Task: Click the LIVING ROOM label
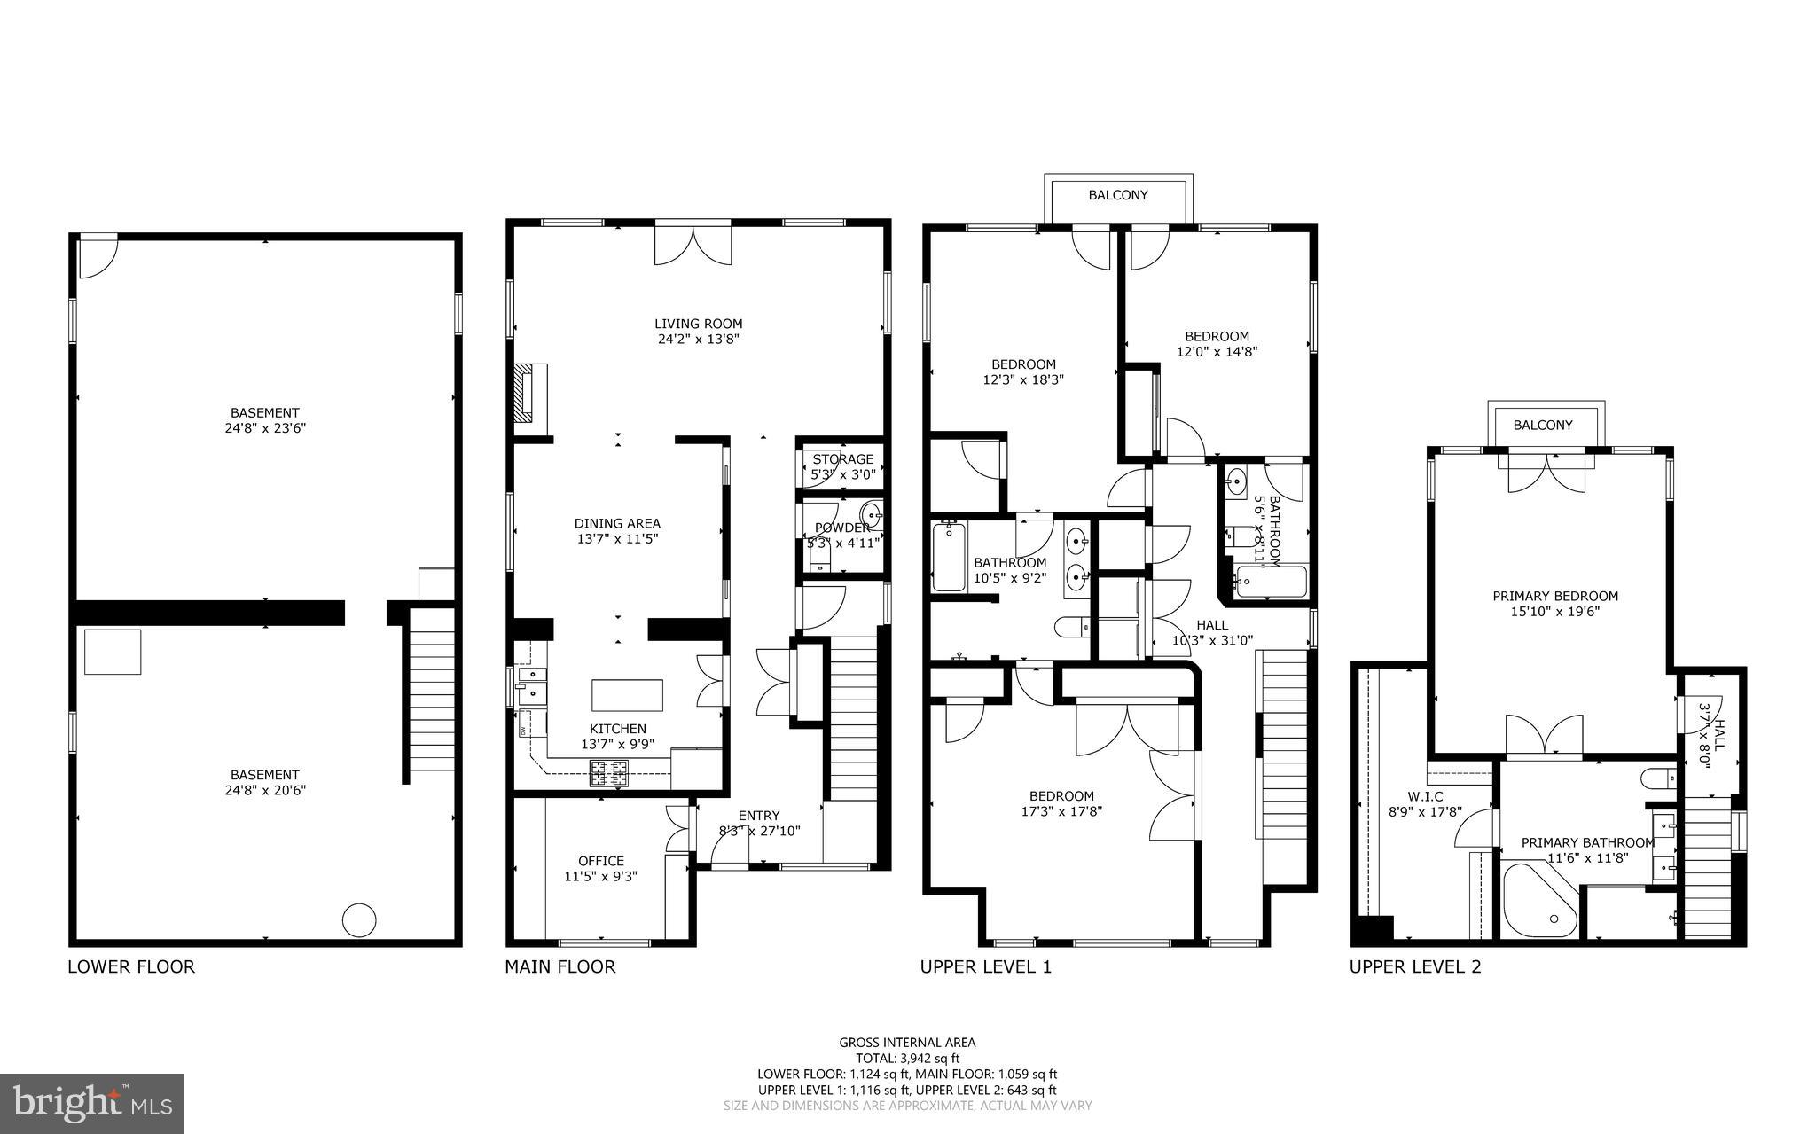point(698,324)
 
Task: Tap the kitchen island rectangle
point(627,695)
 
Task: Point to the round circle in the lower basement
point(359,920)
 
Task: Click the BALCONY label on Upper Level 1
point(1117,195)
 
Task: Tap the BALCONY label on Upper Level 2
point(1542,426)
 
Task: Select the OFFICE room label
point(600,861)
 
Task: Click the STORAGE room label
point(842,459)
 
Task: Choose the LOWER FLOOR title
point(131,966)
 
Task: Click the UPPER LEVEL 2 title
point(1414,966)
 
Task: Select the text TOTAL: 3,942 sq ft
point(907,1058)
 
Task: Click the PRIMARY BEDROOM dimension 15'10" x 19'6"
point(1554,611)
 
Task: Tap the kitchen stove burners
point(609,774)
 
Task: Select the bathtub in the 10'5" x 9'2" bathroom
point(949,557)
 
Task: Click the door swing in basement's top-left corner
point(96,255)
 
